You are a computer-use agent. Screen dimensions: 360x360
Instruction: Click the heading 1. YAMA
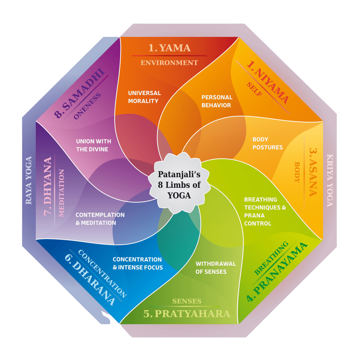tap(169, 48)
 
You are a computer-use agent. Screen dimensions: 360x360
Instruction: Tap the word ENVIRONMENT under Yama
tap(169, 63)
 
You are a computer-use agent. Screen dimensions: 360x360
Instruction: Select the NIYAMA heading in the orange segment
tap(268, 82)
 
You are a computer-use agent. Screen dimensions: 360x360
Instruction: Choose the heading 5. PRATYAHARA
tap(187, 314)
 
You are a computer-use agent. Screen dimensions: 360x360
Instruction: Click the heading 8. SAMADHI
tap(80, 94)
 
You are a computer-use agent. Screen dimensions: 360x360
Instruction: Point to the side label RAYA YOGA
tap(29, 180)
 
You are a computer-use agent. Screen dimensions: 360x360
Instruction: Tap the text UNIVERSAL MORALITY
tap(144, 97)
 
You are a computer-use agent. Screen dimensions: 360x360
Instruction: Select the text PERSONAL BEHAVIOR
tap(217, 101)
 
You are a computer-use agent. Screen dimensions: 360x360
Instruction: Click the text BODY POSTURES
tap(268, 143)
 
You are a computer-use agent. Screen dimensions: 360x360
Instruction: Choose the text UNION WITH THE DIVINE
tap(94, 145)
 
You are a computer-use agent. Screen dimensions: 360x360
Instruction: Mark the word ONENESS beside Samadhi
tap(88, 107)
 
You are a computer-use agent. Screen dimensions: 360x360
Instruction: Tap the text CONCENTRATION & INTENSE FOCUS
tap(137, 263)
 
